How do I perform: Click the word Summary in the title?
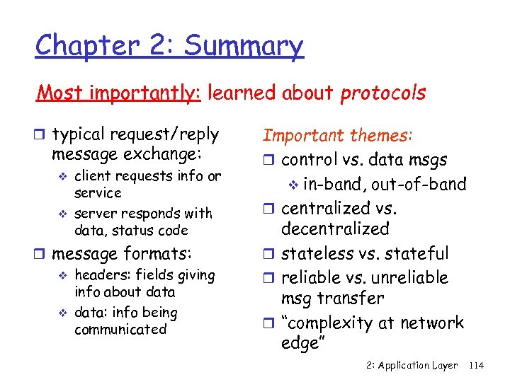point(243,47)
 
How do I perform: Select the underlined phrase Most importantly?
point(120,93)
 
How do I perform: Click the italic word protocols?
point(383,93)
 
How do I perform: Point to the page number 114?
point(476,365)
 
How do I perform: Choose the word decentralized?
point(335,228)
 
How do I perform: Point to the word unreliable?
point(409,277)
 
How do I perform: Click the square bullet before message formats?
point(43,254)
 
